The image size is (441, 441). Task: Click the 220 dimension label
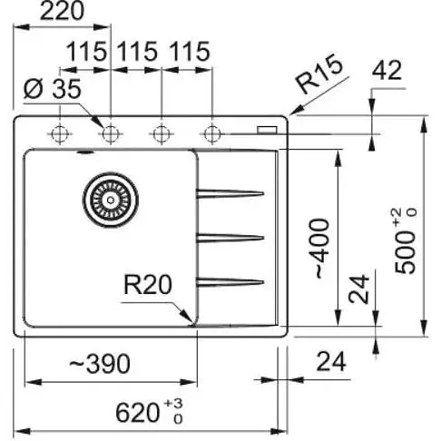point(62,12)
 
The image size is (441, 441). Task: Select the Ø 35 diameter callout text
point(53,89)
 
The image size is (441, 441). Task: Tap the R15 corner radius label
point(319,73)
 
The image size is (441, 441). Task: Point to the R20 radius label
point(148,284)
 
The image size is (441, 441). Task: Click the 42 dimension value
point(387,70)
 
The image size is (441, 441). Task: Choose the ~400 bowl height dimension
point(321,248)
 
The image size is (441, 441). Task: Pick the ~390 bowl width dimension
point(100,364)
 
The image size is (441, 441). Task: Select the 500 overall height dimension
point(406,241)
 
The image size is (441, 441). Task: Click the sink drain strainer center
point(111,200)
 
